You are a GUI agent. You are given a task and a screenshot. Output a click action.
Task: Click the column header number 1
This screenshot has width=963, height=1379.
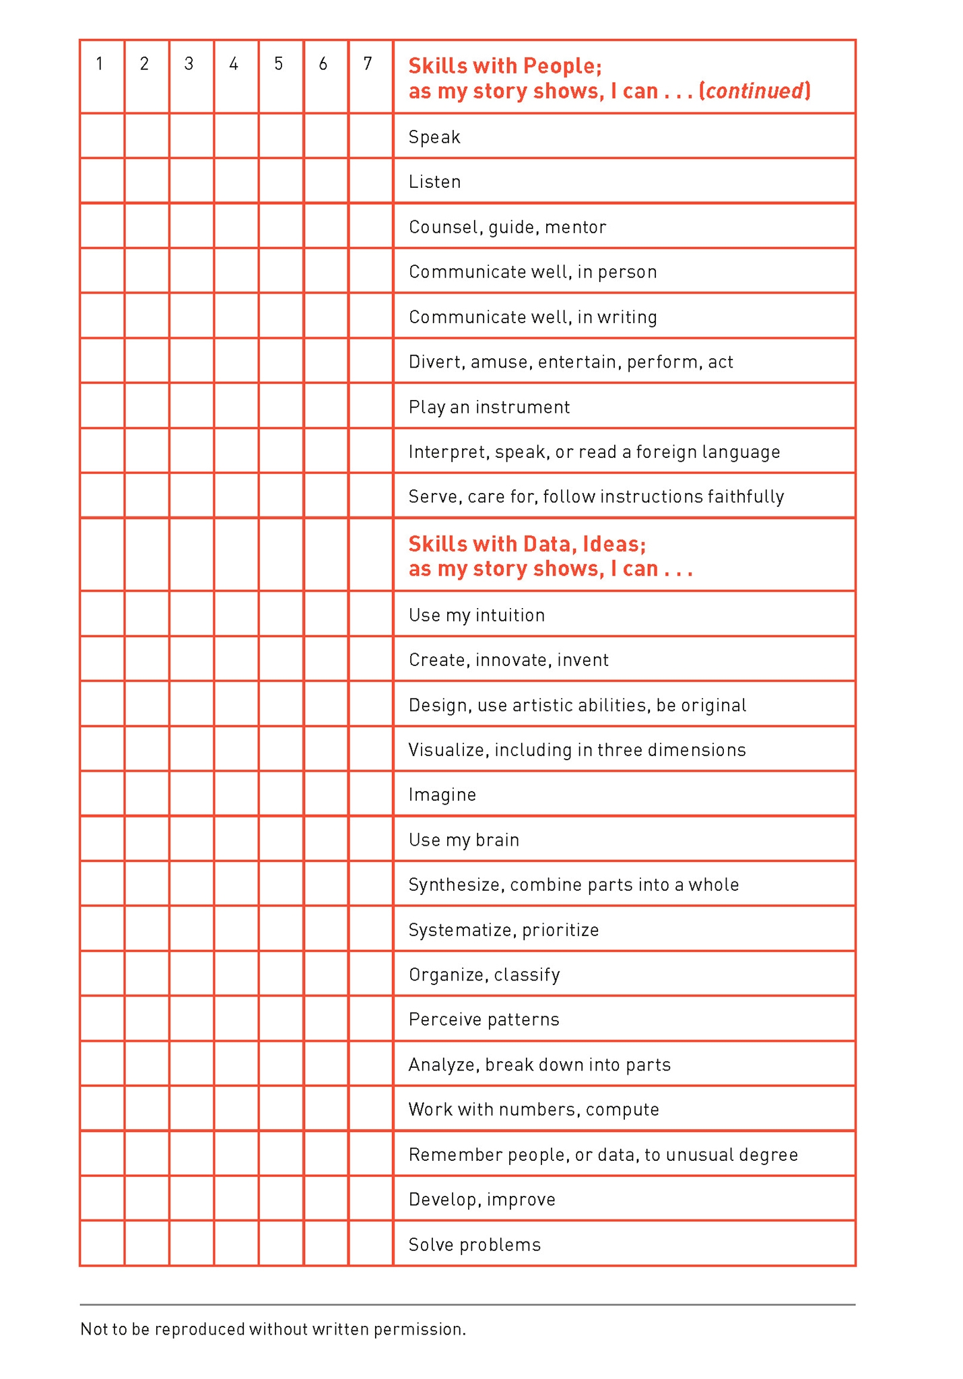tap(100, 64)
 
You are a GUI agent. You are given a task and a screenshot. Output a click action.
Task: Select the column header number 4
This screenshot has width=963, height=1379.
tap(234, 64)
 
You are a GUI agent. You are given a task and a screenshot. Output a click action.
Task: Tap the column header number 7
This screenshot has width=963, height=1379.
tap(368, 64)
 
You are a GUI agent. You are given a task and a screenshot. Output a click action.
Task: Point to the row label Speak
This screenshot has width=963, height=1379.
tap(434, 137)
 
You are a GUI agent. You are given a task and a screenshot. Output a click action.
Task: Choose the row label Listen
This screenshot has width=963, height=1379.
tap(434, 182)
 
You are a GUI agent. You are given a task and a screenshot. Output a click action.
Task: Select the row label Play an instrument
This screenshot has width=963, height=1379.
tap(489, 407)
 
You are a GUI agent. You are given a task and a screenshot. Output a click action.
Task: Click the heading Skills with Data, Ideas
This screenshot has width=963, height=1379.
tap(527, 544)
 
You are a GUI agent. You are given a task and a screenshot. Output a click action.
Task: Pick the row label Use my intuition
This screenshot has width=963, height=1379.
tap(476, 615)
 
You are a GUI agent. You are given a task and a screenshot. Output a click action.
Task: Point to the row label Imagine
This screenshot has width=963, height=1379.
tap(442, 795)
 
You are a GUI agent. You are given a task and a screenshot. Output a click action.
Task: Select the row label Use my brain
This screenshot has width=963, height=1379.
tap(463, 840)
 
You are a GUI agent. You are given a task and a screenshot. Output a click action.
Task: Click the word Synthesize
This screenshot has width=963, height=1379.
tap(455, 885)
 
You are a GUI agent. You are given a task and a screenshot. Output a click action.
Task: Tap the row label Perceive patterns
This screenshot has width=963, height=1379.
tap(484, 1019)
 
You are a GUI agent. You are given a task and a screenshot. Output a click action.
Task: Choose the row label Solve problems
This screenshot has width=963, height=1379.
tap(474, 1244)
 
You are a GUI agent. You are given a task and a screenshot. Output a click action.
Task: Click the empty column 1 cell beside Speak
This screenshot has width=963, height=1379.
tap(102, 136)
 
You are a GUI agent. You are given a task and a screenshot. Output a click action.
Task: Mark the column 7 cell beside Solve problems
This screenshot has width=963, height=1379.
tap(370, 1243)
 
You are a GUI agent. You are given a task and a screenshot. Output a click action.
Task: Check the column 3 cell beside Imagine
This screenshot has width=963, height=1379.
tap(191, 794)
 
